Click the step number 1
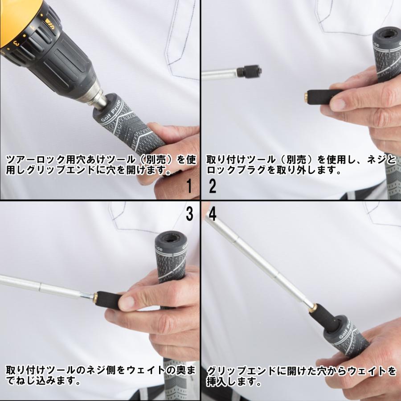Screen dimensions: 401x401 (x=189, y=186)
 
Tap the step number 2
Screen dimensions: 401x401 (x=213, y=186)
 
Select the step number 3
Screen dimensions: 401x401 (x=189, y=214)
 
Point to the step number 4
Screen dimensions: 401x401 (x=213, y=214)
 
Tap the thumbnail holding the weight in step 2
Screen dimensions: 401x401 (x=339, y=104)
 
